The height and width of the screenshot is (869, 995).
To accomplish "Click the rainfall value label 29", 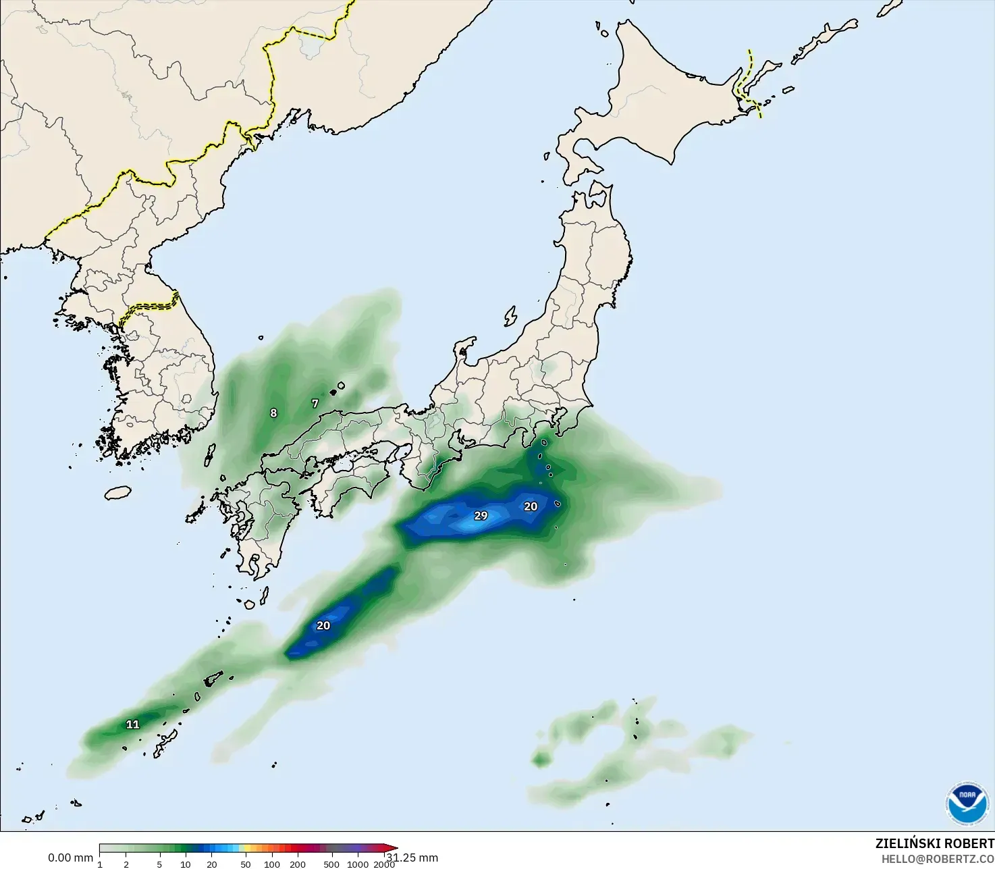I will coord(481,516).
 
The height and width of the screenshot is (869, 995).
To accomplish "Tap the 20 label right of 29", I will coord(531,506).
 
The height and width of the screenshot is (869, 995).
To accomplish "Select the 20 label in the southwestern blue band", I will coord(323,626).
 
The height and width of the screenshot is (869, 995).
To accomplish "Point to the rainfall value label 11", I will coord(133,725).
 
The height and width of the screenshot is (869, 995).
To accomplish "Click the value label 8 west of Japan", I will coord(273,413).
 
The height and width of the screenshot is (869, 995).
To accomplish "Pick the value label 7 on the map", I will coord(315,404).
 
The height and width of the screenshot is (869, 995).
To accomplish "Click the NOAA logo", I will coord(967,803).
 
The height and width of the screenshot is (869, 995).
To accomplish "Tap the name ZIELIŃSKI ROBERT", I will coord(934,843).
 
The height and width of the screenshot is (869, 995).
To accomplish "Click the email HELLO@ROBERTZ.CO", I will coord(938,859).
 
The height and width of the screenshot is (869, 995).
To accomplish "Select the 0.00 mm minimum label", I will coord(70,858).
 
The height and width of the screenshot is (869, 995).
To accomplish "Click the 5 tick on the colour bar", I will coord(159,864).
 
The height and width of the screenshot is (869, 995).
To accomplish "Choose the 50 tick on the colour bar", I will coord(246,864).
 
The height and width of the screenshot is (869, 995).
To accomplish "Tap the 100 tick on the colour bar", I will coord(272,864).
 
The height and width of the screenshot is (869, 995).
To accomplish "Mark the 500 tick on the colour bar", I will coord(331,864).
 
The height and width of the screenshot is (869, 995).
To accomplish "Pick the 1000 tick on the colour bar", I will coord(358,864).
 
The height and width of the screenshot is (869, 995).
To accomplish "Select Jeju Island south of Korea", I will coord(117,493).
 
